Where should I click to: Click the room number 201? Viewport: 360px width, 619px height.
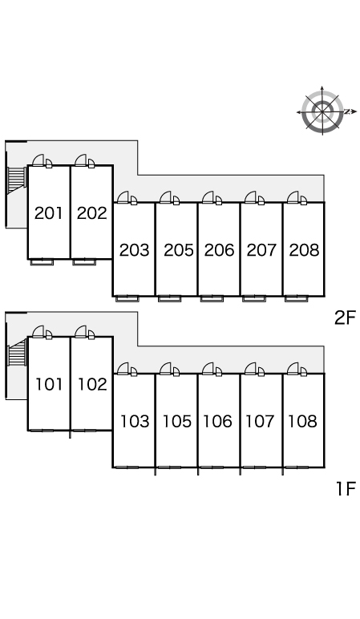click(49, 213)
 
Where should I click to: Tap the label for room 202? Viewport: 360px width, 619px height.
click(92, 213)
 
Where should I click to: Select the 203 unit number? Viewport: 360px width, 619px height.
click(134, 250)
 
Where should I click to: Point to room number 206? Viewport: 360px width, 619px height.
click(219, 250)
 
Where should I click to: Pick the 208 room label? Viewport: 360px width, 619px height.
click(304, 250)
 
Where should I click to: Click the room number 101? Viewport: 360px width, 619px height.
click(50, 385)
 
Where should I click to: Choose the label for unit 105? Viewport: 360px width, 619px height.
click(177, 421)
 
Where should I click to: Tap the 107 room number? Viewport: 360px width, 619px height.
click(260, 421)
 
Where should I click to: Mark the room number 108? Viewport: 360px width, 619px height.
click(302, 421)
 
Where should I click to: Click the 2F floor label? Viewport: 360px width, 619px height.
click(345, 318)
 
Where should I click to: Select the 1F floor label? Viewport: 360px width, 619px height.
click(346, 489)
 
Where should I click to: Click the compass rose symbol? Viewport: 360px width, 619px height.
click(322, 111)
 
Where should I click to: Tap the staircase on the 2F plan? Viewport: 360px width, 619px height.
click(16, 177)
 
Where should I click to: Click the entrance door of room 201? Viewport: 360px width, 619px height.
click(42, 160)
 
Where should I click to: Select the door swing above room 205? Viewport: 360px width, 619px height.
click(169, 198)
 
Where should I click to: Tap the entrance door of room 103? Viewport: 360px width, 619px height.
click(127, 369)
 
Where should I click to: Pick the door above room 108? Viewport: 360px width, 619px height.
click(297, 369)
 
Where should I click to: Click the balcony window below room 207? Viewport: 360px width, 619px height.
click(254, 299)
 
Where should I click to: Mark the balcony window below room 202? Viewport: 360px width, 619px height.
click(83, 261)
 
